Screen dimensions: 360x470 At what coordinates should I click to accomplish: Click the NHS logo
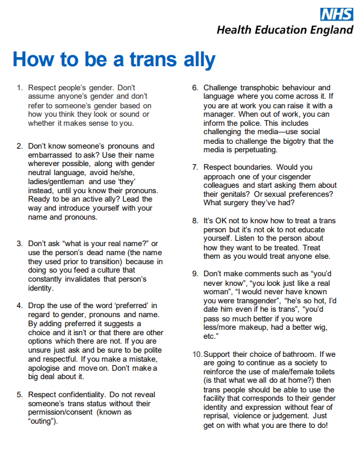point(336,13)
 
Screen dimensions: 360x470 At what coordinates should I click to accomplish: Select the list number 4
point(19,306)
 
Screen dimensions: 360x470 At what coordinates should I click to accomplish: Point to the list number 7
point(195,167)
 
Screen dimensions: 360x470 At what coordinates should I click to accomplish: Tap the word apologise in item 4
point(49,367)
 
